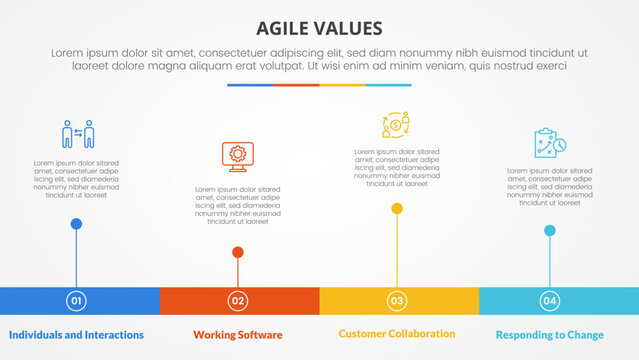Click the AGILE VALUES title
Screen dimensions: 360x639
(x=319, y=27)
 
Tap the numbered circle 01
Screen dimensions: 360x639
(x=76, y=300)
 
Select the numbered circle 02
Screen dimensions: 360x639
(x=237, y=300)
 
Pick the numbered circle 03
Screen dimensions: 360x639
(x=397, y=300)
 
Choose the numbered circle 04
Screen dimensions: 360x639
(x=549, y=300)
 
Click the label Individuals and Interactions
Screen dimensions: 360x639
(x=76, y=334)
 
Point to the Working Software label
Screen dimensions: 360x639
(x=237, y=334)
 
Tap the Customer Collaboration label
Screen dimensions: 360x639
(x=397, y=333)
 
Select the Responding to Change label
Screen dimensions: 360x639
(x=549, y=334)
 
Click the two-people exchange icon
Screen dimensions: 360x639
(x=77, y=134)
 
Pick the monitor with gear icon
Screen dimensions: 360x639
(x=237, y=156)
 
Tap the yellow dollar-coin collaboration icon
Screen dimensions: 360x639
(x=396, y=125)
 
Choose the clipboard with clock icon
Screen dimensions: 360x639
(x=549, y=143)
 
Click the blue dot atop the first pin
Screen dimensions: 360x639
(x=76, y=224)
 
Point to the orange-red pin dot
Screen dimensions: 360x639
(x=237, y=253)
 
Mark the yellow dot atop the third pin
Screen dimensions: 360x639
(x=397, y=209)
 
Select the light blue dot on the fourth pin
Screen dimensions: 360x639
(x=549, y=231)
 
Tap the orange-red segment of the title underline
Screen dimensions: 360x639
(x=296, y=85)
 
